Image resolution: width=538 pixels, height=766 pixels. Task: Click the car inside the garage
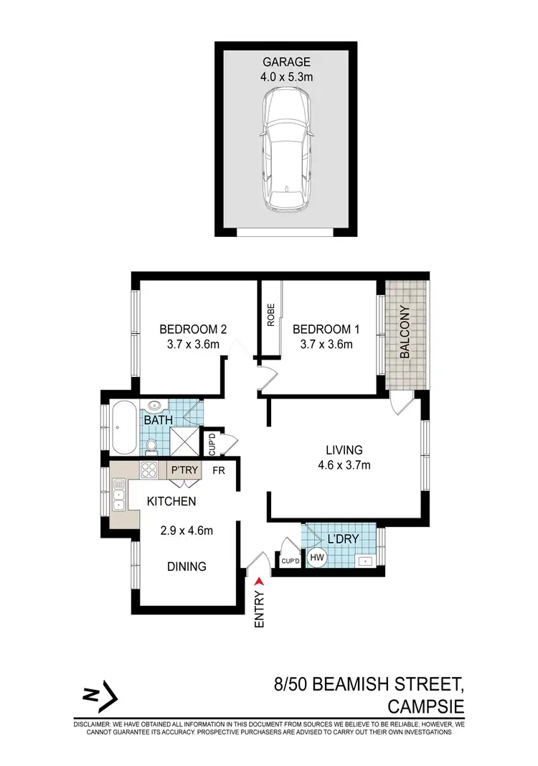pyautogui.click(x=285, y=151)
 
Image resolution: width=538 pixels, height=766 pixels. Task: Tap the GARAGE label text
pyautogui.click(x=285, y=62)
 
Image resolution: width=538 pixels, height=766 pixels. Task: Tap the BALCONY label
pyautogui.click(x=405, y=332)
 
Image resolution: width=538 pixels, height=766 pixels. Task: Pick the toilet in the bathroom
pyautogui.click(x=151, y=447)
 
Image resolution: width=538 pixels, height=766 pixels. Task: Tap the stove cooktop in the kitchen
pyautogui.click(x=149, y=471)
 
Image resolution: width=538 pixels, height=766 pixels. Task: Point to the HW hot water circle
pyautogui.click(x=316, y=556)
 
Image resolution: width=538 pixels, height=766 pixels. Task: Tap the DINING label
pyautogui.click(x=187, y=566)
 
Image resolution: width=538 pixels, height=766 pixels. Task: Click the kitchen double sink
pyautogui.click(x=118, y=495)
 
